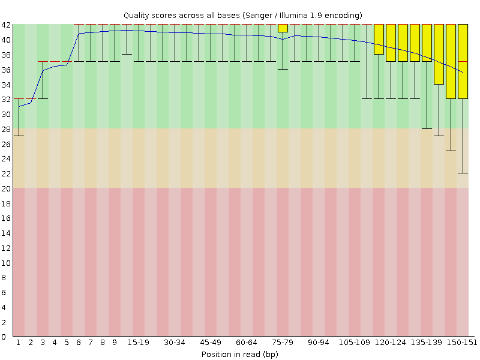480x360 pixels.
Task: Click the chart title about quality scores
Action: pyautogui.click(x=242, y=14)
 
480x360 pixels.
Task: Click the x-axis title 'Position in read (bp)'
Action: pyautogui.click(x=239, y=354)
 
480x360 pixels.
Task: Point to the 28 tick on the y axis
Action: pyautogui.click(x=6, y=128)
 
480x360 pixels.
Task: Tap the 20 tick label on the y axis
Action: pyautogui.click(x=6, y=188)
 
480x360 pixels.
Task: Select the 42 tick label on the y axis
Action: pyautogui.click(x=6, y=25)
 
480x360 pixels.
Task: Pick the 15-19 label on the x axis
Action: pyautogui.click(x=138, y=342)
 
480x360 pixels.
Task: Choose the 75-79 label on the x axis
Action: pyautogui.click(x=282, y=342)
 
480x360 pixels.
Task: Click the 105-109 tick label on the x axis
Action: pyautogui.click(x=354, y=342)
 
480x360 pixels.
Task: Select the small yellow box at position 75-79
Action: pyautogui.click(x=283, y=28)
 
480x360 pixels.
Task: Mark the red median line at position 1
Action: pyautogui.click(x=19, y=98)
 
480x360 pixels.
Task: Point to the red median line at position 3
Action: pyautogui.click(x=43, y=61)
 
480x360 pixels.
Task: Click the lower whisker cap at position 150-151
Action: pyautogui.click(x=463, y=173)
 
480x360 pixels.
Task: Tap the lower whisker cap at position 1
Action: pyautogui.click(x=19, y=136)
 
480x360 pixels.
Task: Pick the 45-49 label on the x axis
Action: pyautogui.click(x=210, y=342)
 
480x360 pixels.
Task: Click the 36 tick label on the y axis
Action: pyautogui.click(x=6, y=69)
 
